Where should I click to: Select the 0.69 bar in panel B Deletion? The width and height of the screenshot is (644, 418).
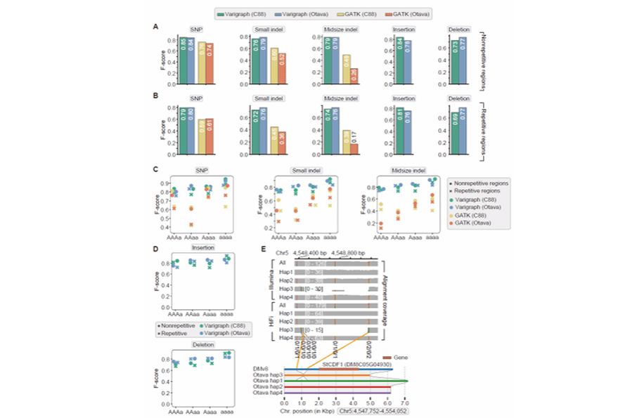coord(461,130)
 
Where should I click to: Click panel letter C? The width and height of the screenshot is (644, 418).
coord(155,170)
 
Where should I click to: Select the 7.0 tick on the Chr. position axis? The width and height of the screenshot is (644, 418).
coord(404,403)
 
